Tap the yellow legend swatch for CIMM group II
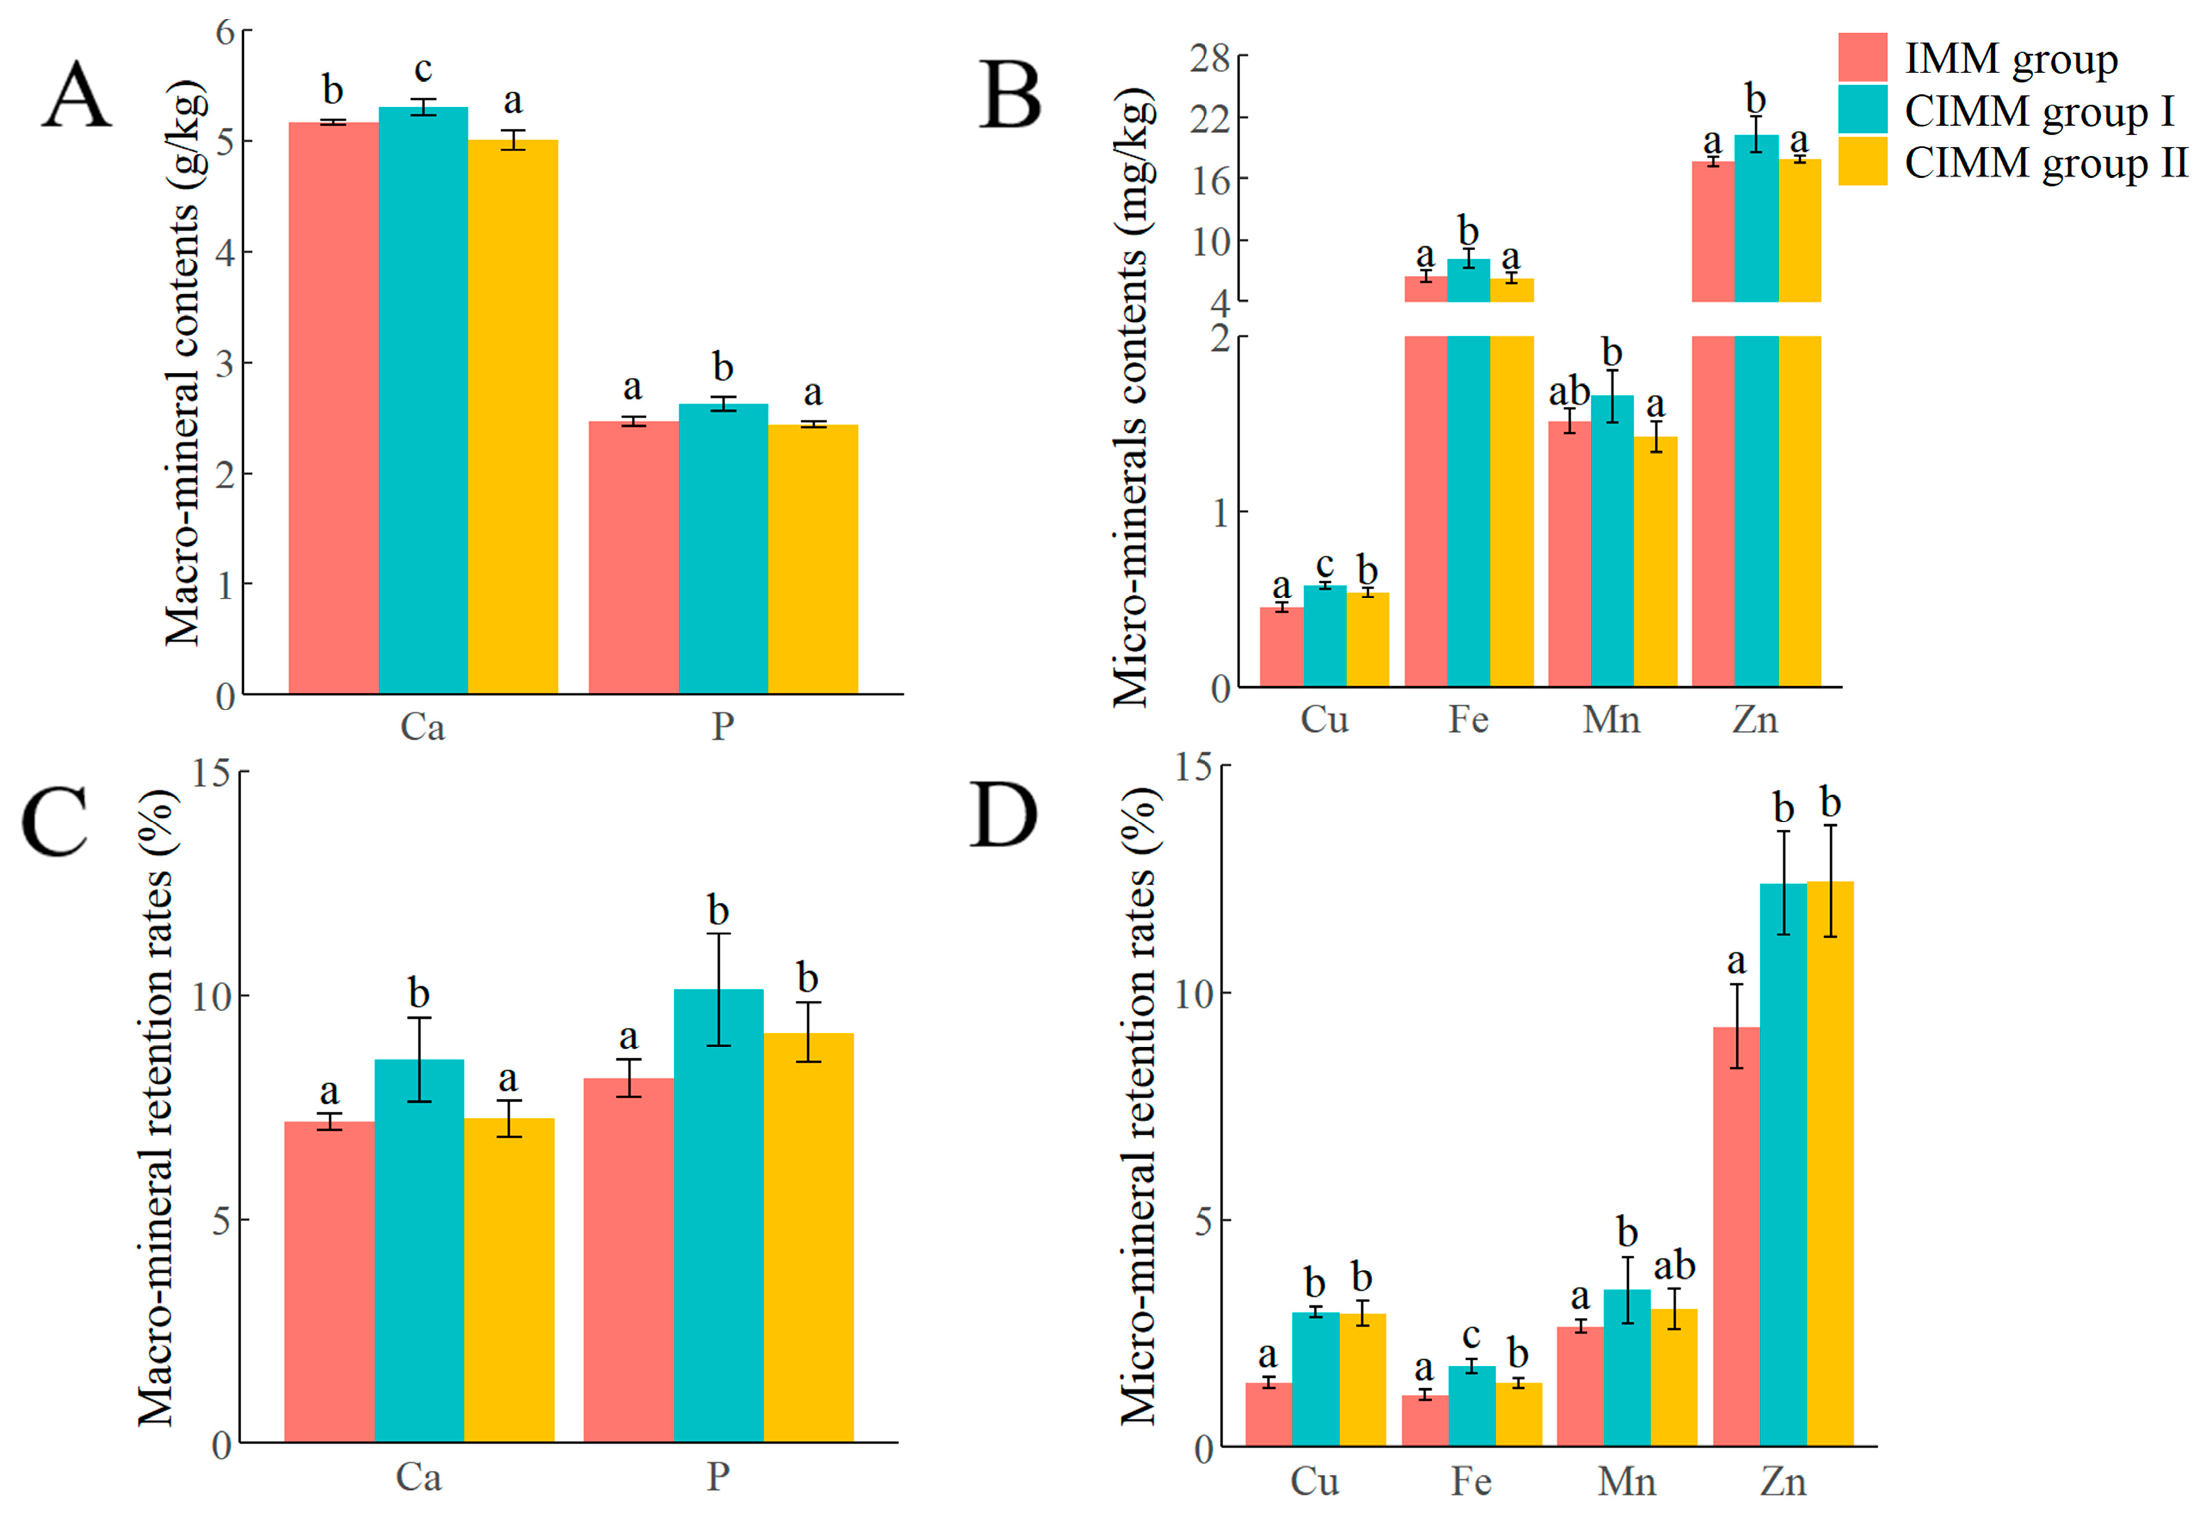click(x=1862, y=160)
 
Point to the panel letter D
click(x=1003, y=815)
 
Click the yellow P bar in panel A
click(x=813, y=559)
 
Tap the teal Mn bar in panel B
click(x=1613, y=540)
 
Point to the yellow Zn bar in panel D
click(x=1830, y=1164)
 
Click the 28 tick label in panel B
click(x=1210, y=59)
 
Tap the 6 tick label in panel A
click(x=225, y=32)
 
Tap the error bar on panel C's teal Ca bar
click(x=419, y=1060)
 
